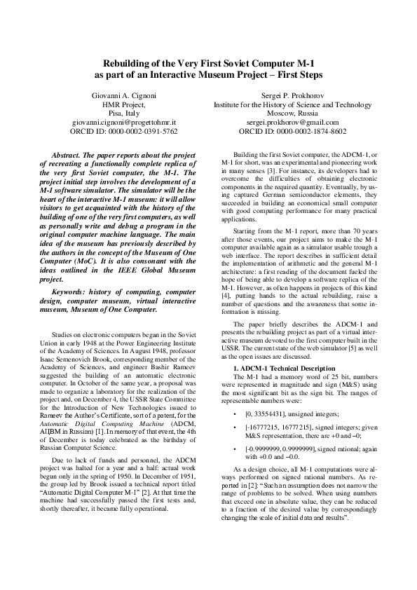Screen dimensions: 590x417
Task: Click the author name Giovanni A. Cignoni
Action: pyautogui.click(x=125, y=95)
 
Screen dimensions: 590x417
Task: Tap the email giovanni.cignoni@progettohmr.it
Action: pyautogui.click(x=125, y=122)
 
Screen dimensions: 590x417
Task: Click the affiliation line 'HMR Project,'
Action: pyautogui.click(x=125, y=104)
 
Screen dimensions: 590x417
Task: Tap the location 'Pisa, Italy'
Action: pyautogui.click(x=125, y=113)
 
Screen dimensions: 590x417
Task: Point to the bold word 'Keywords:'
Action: pyautogui.click(x=75, y=291)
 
